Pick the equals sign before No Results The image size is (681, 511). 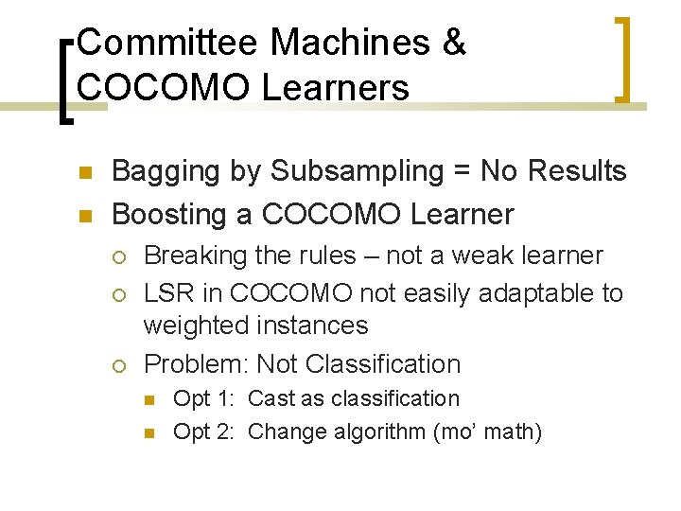coord(463,172)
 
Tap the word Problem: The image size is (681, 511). coord(196,364)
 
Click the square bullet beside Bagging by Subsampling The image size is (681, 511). coord(85,173)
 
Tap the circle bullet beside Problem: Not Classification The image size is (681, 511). coord(117,365)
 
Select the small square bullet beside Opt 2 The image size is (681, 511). coord(149,433)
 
